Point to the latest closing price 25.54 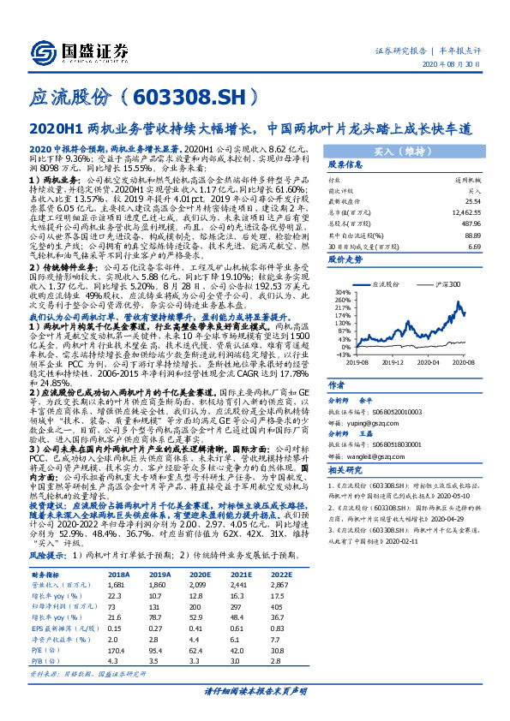click(468, 200)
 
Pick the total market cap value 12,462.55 click(463, 210)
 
